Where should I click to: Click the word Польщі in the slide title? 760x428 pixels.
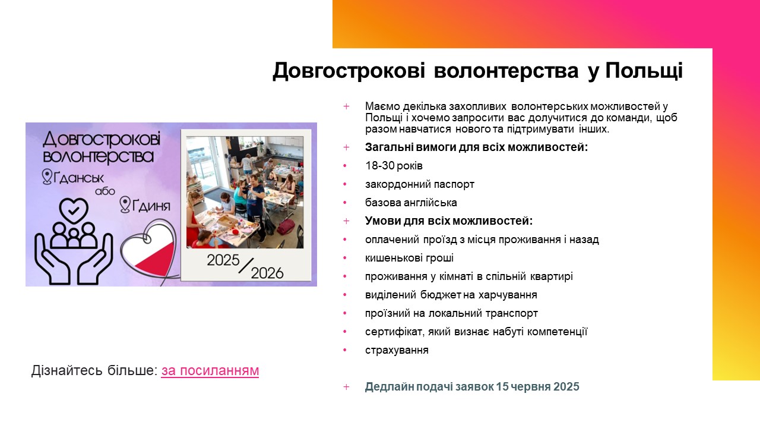[644, 71]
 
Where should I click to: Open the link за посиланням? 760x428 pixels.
[210, 370]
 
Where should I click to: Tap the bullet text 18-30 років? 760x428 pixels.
[394, 166]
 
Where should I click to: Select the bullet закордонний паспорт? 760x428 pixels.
[420, 184]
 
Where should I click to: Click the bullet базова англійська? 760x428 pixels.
[411, 203]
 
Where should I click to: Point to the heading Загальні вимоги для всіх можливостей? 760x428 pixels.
[476, 147]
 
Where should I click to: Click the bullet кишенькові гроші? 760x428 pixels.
[409, 258]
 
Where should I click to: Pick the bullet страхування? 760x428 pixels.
[397, 350]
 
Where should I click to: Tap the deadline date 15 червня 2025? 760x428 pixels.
[537, 387]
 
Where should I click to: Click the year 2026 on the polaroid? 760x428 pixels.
[267, 273]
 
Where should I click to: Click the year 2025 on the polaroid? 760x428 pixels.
[223, 260]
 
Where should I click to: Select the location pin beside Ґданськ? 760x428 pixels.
[47, 177]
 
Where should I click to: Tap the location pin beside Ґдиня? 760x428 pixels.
[125, 204]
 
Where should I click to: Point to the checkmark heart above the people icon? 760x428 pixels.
[74, 210]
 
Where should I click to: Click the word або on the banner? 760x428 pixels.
[105, 191]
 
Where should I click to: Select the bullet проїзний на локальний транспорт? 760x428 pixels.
[451, 313]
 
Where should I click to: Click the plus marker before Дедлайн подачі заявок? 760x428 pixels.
[346, 387]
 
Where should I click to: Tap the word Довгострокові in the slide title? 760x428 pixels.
[349, 71]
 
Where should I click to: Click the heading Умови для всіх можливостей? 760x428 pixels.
[449, 221]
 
